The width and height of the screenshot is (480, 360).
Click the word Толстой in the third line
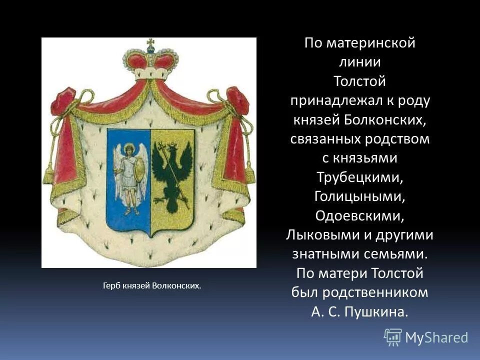(x=359, y=81)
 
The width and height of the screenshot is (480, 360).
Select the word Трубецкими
(x=359, y=177)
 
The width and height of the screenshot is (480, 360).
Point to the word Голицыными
(x=359, y=196)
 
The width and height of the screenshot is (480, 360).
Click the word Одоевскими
(x=359, y=215)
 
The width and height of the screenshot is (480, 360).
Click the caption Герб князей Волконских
(x=151, y=286)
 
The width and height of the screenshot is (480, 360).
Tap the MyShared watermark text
(x=436, y=337)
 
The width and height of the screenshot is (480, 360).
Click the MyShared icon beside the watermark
(x=393, y=337)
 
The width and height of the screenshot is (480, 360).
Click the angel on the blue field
(x=129, y=175)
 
